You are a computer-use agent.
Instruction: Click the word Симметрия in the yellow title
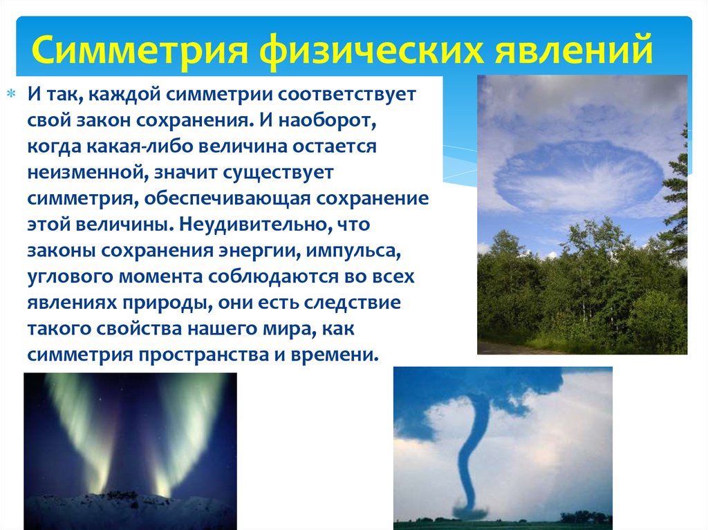pyautogui.click(x=140, y=50)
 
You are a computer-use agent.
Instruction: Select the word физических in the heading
pyautogui.click(x=371, y=50)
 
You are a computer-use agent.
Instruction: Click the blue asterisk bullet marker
pyautogui.click(x=11, y=95)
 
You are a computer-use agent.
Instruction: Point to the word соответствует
pyautogui.click(x=347, y=95)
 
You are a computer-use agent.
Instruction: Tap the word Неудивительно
pyautogui.click(x=256, y=225)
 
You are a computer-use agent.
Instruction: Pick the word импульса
pyautogui.click(x=353, y=251)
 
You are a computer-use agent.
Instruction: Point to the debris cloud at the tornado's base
pyautogui.click(x=470, y=511)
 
